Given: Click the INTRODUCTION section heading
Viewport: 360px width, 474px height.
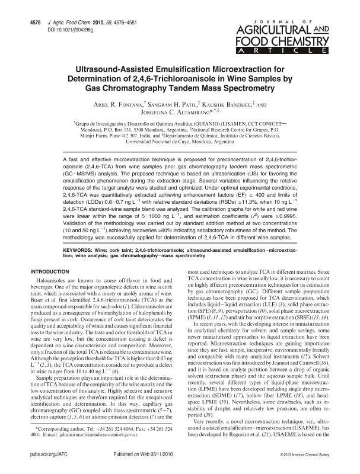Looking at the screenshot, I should coord(50,271).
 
